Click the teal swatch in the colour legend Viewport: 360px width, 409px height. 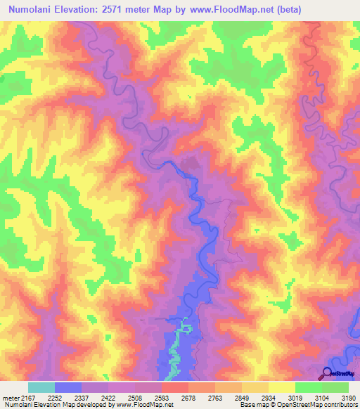pos(41,387)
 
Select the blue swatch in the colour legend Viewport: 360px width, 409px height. pos(68,387)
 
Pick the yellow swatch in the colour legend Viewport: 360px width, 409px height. pos(281,387)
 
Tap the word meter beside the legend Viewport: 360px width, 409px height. pos(10,398)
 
